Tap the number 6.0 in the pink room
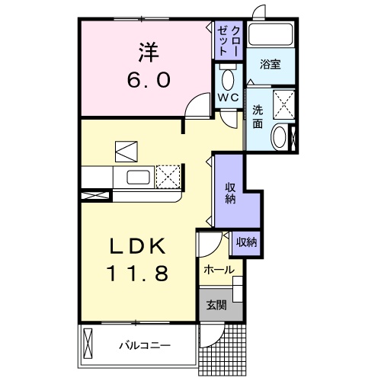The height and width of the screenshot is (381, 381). (x=148, y=78)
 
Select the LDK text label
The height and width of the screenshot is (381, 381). (x=138, y=246)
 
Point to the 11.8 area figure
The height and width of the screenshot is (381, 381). (x=138, y=271)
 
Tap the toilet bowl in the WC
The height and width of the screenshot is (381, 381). (x=226, y=78)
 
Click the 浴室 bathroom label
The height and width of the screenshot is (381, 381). (x=269, y=65)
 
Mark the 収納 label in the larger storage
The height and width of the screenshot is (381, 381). (x=229, y=193)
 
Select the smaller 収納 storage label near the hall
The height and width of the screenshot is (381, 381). (x=245, y=242)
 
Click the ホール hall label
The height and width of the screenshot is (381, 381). (x=218, y=269)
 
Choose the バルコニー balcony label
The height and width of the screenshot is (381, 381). (x=143, y=345)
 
